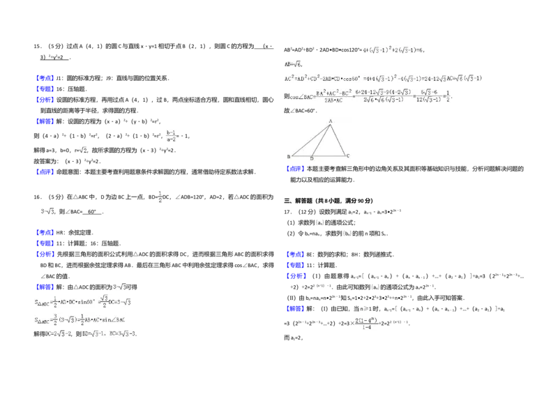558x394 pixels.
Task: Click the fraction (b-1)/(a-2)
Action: tap(171, 136)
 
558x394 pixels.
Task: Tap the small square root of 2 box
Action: tap(84, 151)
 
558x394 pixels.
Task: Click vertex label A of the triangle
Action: tap(330, 121)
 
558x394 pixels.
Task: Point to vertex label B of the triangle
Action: tap(288, 157)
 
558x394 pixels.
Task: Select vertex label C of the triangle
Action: tap(347, 157)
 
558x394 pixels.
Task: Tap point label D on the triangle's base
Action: tap(311, 159)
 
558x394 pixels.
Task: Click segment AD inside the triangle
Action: tap(321, 139)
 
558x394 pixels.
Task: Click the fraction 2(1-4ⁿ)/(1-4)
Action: tap(365, 324)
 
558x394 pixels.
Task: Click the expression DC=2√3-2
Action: tap(59, 335)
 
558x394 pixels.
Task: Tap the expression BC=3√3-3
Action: tap(123, 335)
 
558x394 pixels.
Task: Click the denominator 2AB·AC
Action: tap(333, 100)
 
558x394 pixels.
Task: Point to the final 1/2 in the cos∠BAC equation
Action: tap(447, 96)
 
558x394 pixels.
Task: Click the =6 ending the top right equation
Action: tap(419, 50)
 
